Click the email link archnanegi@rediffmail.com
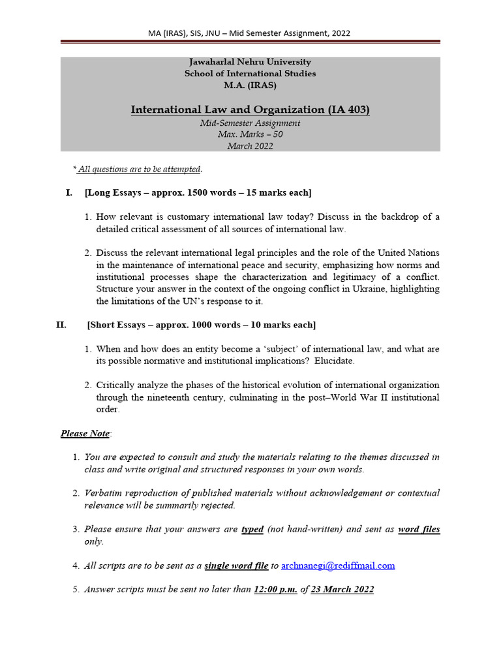click(338, 566)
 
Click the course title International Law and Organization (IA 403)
click(250, 109)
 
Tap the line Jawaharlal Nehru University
click(250, 62)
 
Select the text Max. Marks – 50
click(250, 134)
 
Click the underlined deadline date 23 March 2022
click(342, 589)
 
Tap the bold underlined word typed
click(252, 529)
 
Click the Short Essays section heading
click(201, 325)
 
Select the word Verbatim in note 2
click(104, 493)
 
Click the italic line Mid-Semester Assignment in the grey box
click(250, 123)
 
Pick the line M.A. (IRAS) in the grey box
click(250, 85)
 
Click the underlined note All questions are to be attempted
click(139, 169)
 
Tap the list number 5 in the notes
click(76, 589)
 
